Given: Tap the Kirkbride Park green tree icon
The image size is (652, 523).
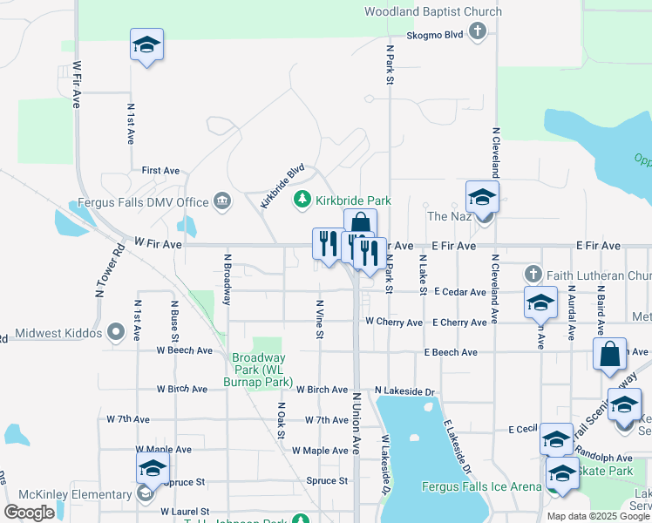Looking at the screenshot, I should tap(302, 200).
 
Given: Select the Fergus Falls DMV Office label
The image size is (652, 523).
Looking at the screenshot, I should tap(144, 202).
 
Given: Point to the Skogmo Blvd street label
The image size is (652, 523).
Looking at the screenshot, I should tap(434, 36).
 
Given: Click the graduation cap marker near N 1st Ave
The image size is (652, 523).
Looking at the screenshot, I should tap(147, 45).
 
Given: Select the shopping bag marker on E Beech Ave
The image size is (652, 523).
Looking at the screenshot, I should tap(609, 355).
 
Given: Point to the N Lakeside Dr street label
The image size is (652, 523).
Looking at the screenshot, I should tap(404, 391).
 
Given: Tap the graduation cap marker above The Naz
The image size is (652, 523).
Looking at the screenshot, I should tap(482, 198).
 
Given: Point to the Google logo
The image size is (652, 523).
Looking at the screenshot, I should tap(29, 513).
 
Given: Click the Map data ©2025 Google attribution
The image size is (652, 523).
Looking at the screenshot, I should tap(596, 516).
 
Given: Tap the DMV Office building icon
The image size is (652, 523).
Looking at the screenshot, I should tap(223, 202).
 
